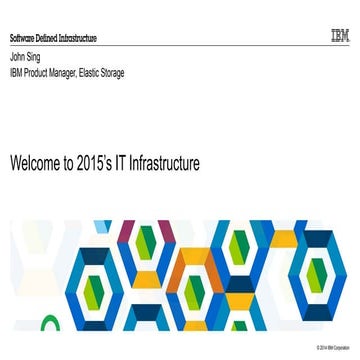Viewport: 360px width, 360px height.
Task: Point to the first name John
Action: [16, 57]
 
